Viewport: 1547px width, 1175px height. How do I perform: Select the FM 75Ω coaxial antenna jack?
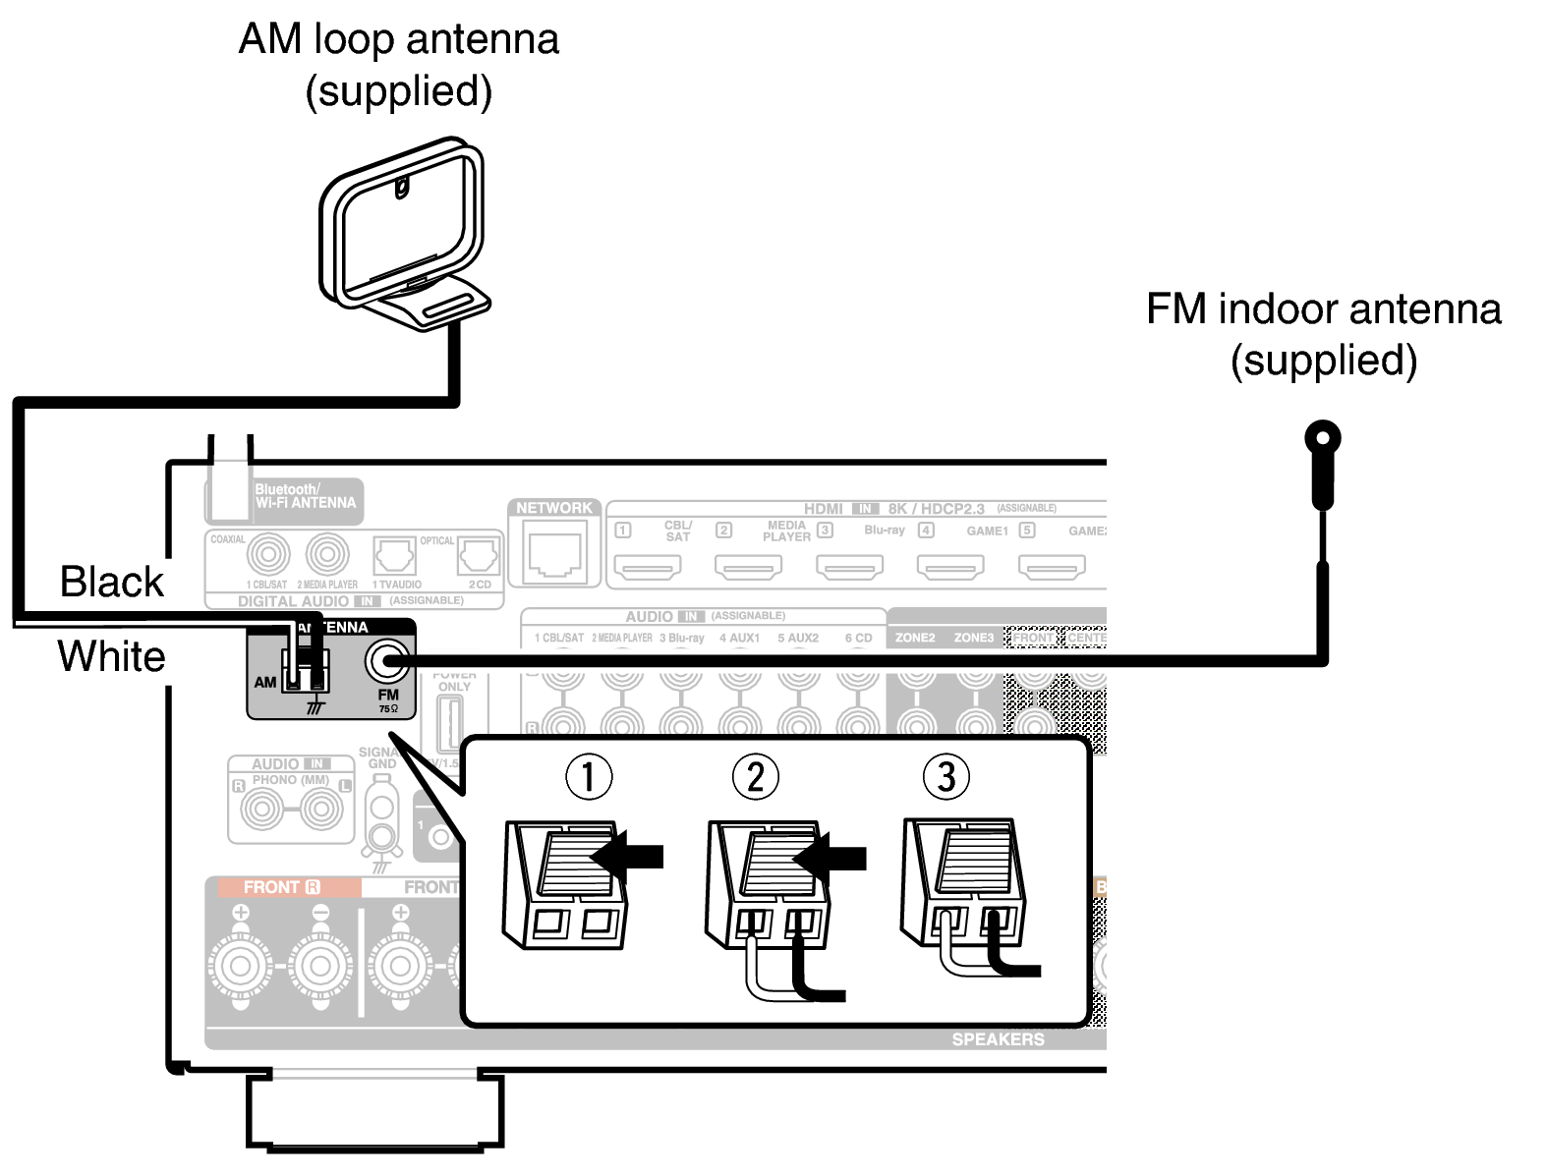click(387, 661)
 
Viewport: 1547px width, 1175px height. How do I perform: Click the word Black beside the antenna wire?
click(111, 582)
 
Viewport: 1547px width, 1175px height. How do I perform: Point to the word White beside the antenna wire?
click(111, 656)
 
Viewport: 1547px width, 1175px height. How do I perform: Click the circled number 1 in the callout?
click(589, 776)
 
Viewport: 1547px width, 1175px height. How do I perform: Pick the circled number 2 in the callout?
click(755, 776)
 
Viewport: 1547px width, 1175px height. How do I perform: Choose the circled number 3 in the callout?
click(945, 776)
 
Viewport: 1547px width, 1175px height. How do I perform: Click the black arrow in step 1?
click(629, 857)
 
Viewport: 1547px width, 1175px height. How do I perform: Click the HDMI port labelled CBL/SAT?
click(648, 567)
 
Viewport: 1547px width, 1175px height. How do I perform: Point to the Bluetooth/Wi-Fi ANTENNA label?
click(305, 496)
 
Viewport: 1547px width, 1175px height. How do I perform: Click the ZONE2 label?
click(915, 638)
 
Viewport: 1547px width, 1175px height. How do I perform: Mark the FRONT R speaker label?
click(282, 887)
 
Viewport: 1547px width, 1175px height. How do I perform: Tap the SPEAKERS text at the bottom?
click(998, 1039)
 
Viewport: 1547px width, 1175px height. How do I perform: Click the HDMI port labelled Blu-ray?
click(850, 567)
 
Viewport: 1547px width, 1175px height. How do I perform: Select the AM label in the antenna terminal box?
click(264, 682)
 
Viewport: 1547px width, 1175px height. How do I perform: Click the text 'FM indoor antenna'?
click(1323, 309)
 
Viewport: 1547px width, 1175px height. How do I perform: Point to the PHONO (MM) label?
click(290, 780)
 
